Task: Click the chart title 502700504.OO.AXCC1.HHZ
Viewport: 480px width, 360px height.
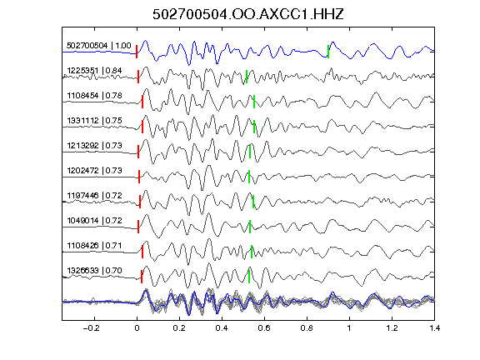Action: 248,14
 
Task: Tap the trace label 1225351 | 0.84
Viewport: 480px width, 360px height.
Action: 95,71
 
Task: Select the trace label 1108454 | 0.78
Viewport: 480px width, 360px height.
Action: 95,96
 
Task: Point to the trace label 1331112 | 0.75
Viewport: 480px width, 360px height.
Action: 95,121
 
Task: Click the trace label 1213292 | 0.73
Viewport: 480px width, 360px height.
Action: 95,145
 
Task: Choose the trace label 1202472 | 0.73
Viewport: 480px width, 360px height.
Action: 95,171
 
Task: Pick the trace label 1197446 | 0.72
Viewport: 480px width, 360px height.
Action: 95,196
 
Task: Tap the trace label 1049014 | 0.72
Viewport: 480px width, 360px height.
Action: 95,221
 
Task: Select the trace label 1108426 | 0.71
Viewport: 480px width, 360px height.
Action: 95,246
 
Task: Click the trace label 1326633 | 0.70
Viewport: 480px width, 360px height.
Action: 95,271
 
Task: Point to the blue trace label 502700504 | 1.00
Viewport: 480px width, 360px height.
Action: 99,46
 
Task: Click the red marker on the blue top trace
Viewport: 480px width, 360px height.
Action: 137,52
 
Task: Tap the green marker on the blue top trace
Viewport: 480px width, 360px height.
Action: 328,52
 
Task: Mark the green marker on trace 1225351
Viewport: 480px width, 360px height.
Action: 247,77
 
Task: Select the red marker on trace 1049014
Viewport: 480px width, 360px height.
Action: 138,227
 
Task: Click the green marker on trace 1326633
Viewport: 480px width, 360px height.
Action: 249,277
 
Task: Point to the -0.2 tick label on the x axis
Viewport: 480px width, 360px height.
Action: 91,328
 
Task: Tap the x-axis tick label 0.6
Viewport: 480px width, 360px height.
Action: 264,328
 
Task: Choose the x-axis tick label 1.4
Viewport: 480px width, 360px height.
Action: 434,328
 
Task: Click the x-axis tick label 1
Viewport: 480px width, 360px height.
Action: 349,328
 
